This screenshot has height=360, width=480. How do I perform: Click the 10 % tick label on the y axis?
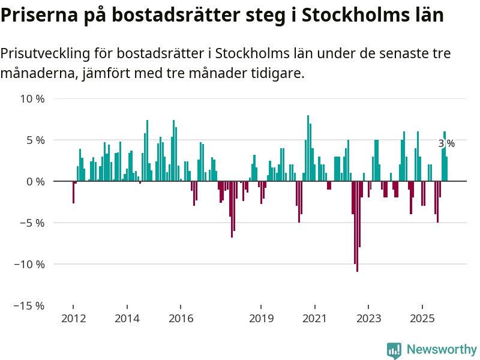(x=32, y=98)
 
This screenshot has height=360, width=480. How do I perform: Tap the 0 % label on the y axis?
(x=35, y=181)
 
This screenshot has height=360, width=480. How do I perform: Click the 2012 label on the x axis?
(x=73, y=318)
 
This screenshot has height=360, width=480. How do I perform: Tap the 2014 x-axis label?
(x=127, y=318)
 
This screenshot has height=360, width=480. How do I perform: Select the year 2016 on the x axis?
(x=181, y=318)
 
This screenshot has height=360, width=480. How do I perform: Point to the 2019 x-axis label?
(x=261, y=318)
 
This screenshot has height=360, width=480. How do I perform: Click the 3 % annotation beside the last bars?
(x=446, y=143)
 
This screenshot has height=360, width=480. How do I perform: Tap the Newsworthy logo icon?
(x=394, y=350)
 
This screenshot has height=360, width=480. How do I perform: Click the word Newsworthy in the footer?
(x=442, y=350)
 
